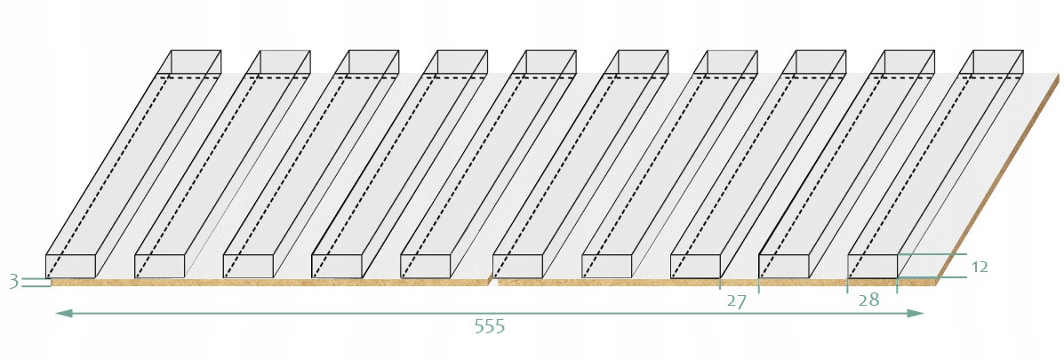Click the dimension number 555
point(489,327)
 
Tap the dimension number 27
point(736,301)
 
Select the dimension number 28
point(868,300)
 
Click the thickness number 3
point(13,282)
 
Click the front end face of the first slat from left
point(70,266)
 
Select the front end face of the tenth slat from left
point(872,266)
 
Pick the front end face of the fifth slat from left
point(426,266)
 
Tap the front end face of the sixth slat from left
point(517,266)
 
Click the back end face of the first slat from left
point(196,62)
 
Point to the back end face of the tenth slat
point(997,62)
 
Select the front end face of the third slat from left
point(248,266)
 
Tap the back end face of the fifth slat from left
point(551,62)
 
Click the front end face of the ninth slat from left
point(783,266)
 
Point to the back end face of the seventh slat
point(732,62)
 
